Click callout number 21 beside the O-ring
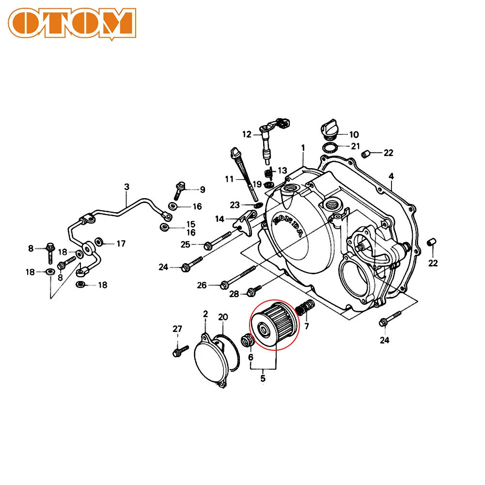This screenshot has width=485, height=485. (x=355, y=146)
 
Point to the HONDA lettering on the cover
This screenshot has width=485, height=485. (x=289, y=226)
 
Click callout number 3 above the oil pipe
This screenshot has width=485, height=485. (x=126, y=187)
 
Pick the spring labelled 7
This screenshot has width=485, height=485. (x=306, y=308)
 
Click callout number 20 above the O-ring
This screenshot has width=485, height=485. (x=222, y=317)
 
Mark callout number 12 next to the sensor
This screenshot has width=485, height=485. (x=247, y=134)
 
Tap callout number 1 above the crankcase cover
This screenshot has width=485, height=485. (x=303, y=147)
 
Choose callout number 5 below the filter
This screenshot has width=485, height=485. (x=263, y=378)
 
